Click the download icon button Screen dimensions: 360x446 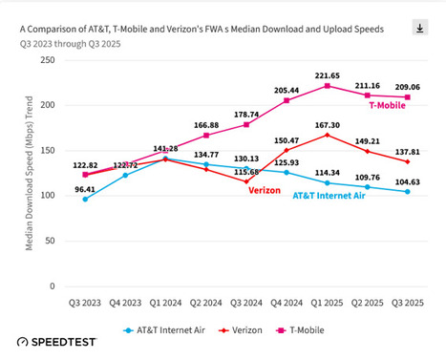pos(419,29)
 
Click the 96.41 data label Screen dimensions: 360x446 pos(84,188)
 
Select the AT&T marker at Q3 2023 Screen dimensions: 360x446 pos(84,199)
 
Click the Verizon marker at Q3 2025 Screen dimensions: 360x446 pos(407,161)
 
